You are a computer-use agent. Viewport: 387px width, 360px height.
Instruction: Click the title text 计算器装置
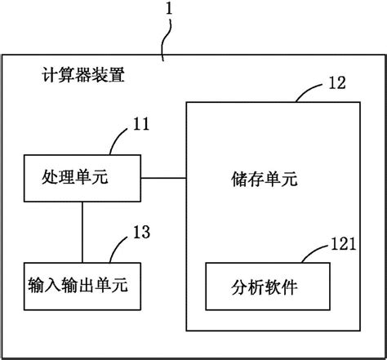click(84, 78)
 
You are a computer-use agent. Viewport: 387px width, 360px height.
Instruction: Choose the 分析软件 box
click(266, 287)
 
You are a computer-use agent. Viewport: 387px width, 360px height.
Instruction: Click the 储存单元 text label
click(265, 177)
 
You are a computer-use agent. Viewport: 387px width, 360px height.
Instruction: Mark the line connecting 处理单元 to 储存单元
click(163, 177)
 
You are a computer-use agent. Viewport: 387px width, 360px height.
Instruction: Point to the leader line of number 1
click(166, 41)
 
